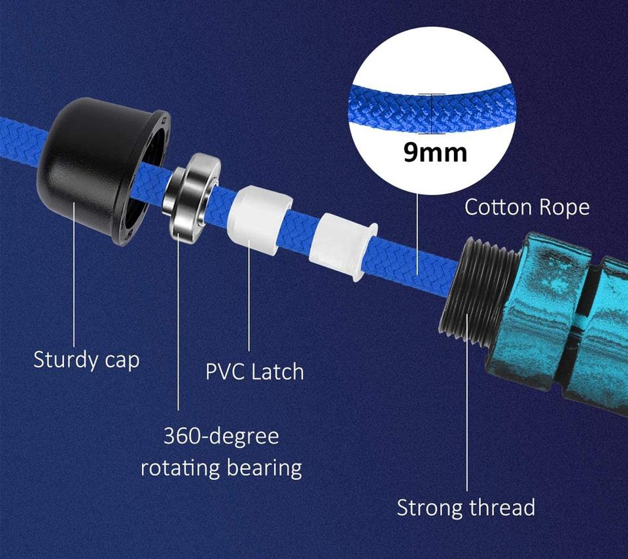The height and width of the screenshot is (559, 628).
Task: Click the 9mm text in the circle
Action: pyautogui.click(x=435, y=152)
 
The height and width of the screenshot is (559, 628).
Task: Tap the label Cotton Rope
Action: pyautogui.click(x=527, y=207)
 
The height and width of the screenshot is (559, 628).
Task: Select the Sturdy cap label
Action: pyautogui.click(x=86, y=359)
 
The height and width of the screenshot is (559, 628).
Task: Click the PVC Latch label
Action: pyautogui.click(x=254, y=372)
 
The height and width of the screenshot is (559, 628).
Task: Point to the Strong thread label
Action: pyautogui.click(x=466, y=507)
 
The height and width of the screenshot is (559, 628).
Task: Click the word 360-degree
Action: pyautogui.click(x=221, y=436)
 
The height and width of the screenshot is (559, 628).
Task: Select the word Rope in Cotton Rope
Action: pyautogui.click(x=565, y=207)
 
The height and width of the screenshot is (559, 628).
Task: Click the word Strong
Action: pyautogui.click(x=430, y=507)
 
